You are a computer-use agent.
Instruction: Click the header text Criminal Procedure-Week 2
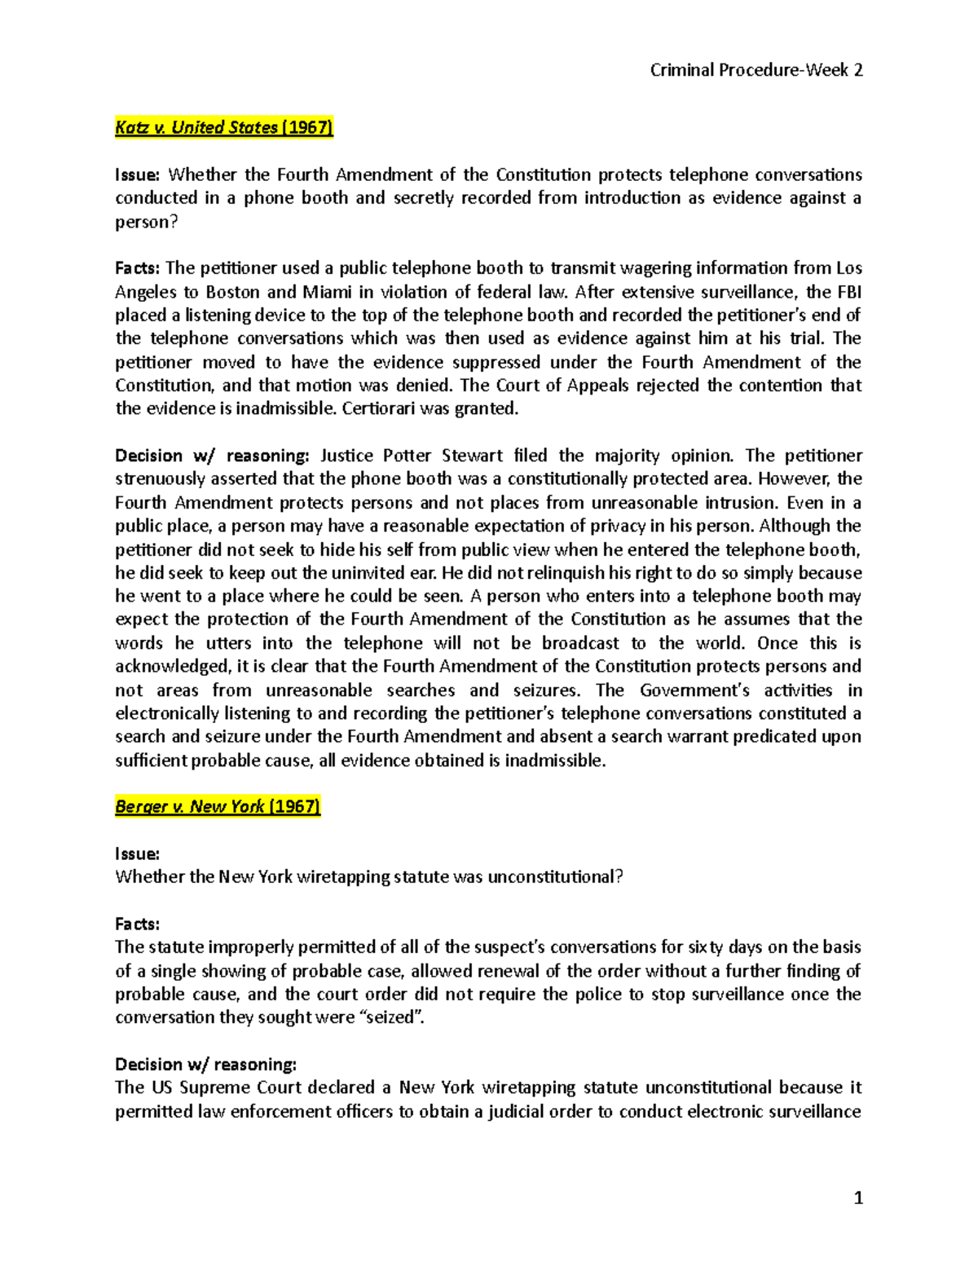point(756,70)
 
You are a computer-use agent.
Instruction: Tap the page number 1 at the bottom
point(857,1198)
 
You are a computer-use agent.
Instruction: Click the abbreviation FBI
point(849,292)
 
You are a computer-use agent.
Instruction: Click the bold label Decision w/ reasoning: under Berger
point(205,1064)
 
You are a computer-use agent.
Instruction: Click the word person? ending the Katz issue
point(146,222)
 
